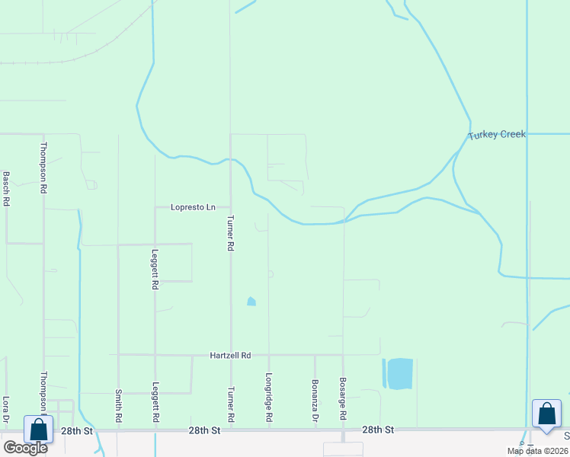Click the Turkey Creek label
click(497, 135)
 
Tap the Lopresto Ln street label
click(194, 207)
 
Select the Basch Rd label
click(6, 189)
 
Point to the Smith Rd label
click(119, 407)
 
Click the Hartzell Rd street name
click(231, 356)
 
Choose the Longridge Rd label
click(269, 397)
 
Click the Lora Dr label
click(6, 409)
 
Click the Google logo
click(24, 448)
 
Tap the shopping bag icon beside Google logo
click(38, 430)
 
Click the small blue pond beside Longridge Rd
click(251, 302)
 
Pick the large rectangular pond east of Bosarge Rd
click(400, 373)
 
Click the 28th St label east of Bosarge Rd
click(378, 430)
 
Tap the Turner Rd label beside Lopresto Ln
click(229, 232)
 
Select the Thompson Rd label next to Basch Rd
click(44, 166)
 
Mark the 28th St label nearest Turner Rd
click(204, 431)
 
